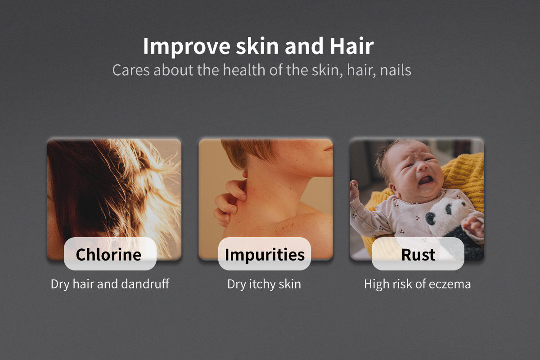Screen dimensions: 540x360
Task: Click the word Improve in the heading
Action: coord(187,46)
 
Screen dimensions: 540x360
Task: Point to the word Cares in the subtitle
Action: coord(131,70)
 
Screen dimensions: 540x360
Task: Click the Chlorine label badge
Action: coord(110,254)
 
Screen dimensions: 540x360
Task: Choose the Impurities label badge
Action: coord(265,254)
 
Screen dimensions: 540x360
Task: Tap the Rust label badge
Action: coord(418,254)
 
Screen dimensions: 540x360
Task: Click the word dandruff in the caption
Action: coord(145,284)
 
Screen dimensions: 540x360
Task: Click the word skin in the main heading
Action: coord(257,46)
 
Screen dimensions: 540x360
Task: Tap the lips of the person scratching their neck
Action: coord(328,149)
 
